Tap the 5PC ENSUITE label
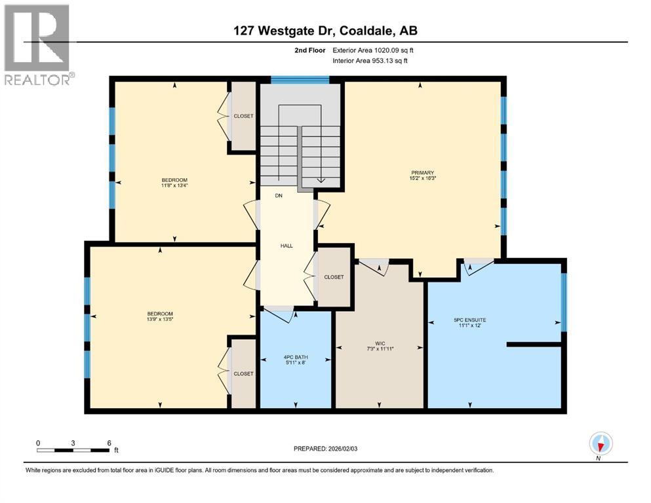point(469,320)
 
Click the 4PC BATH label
point(296,357)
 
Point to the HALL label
point(286,246)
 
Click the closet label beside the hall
point(334,277)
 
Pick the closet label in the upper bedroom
point(243,116)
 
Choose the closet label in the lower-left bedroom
point(243,373)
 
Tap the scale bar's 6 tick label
point(109,443)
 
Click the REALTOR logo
point(37,45)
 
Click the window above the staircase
point(300,80)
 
